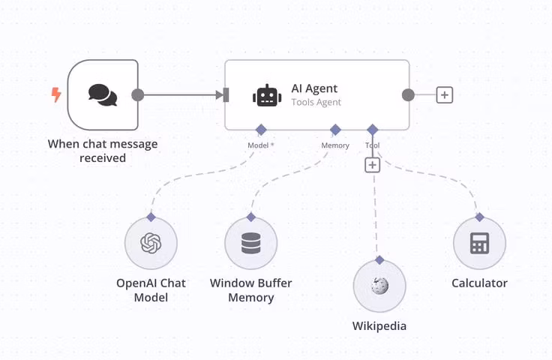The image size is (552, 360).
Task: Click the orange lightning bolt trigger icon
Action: (56, 94)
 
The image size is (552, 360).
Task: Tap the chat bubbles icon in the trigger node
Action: (103, 94)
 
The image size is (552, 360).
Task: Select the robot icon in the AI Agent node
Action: (267, 95)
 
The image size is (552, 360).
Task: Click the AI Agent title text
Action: (314, 88)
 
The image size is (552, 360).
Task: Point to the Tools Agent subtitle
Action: (316, 102)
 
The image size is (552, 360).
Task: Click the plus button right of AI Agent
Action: (445, 95)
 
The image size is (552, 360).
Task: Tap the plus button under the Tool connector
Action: (373, 164)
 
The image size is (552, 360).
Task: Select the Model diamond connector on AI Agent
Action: (261, 130)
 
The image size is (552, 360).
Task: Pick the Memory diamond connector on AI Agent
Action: (335, 130)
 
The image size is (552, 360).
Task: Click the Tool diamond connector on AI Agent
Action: (373, 130)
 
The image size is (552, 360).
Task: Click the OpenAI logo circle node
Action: (151, 244)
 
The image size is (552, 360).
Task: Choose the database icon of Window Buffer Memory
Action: (251, 244)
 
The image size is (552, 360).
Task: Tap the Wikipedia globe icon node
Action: (379, 286)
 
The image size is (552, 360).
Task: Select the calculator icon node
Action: (479, 244)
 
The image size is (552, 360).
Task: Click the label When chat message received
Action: (103, 151)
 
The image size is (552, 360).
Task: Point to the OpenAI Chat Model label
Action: (151, 290)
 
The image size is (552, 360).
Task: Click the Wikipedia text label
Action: (379, 326)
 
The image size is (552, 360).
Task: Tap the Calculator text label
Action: (479, 283)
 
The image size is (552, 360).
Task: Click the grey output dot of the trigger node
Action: (137, 95)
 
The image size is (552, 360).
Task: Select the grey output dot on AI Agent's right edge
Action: (408, 95)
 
